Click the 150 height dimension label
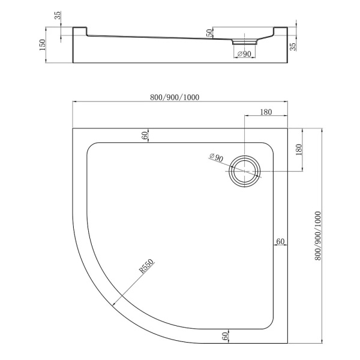click(x=43, y=45)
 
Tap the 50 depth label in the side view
click(x=210, y=33)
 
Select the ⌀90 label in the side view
click(x=244, y=54)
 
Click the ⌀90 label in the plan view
click(x=216, y=158)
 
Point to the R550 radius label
click(x=146, y=266)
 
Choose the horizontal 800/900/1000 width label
click(x=175, y=97)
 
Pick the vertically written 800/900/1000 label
click(x=318, y=236)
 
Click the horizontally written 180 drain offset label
click(x=266, y=112)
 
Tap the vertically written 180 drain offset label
click(x=299, y=149)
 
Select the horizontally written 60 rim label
click(x=280, y=241)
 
